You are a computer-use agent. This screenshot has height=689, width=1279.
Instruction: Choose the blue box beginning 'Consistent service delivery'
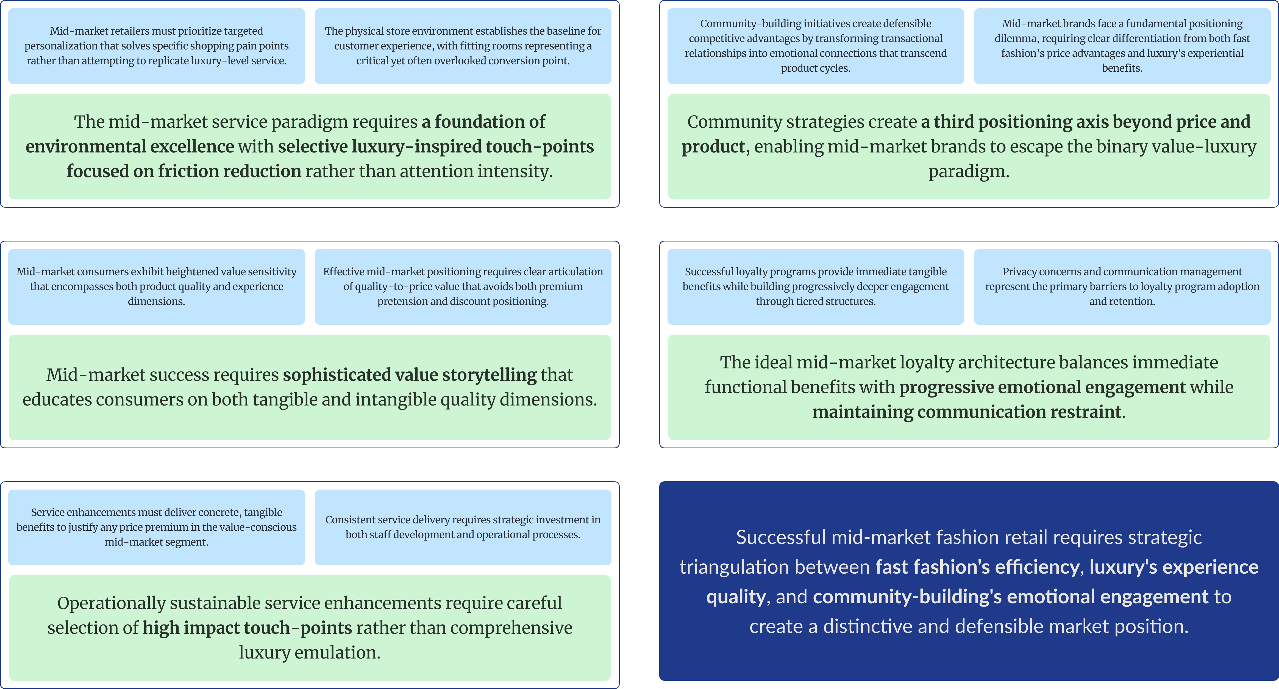point(463,527)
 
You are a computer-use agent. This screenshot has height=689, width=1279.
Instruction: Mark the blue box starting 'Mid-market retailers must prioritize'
point(156,46)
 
